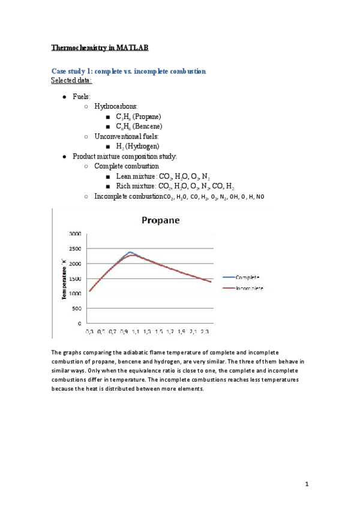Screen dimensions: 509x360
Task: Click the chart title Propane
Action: (161, 220)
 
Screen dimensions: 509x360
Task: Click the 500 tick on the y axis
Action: (77, 309)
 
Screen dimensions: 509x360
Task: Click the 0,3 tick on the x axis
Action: (90, 331)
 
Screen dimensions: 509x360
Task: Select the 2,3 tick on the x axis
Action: (205, 331)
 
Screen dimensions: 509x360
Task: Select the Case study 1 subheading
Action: (128, 71)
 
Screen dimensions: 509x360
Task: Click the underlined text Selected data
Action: (71, 80)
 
